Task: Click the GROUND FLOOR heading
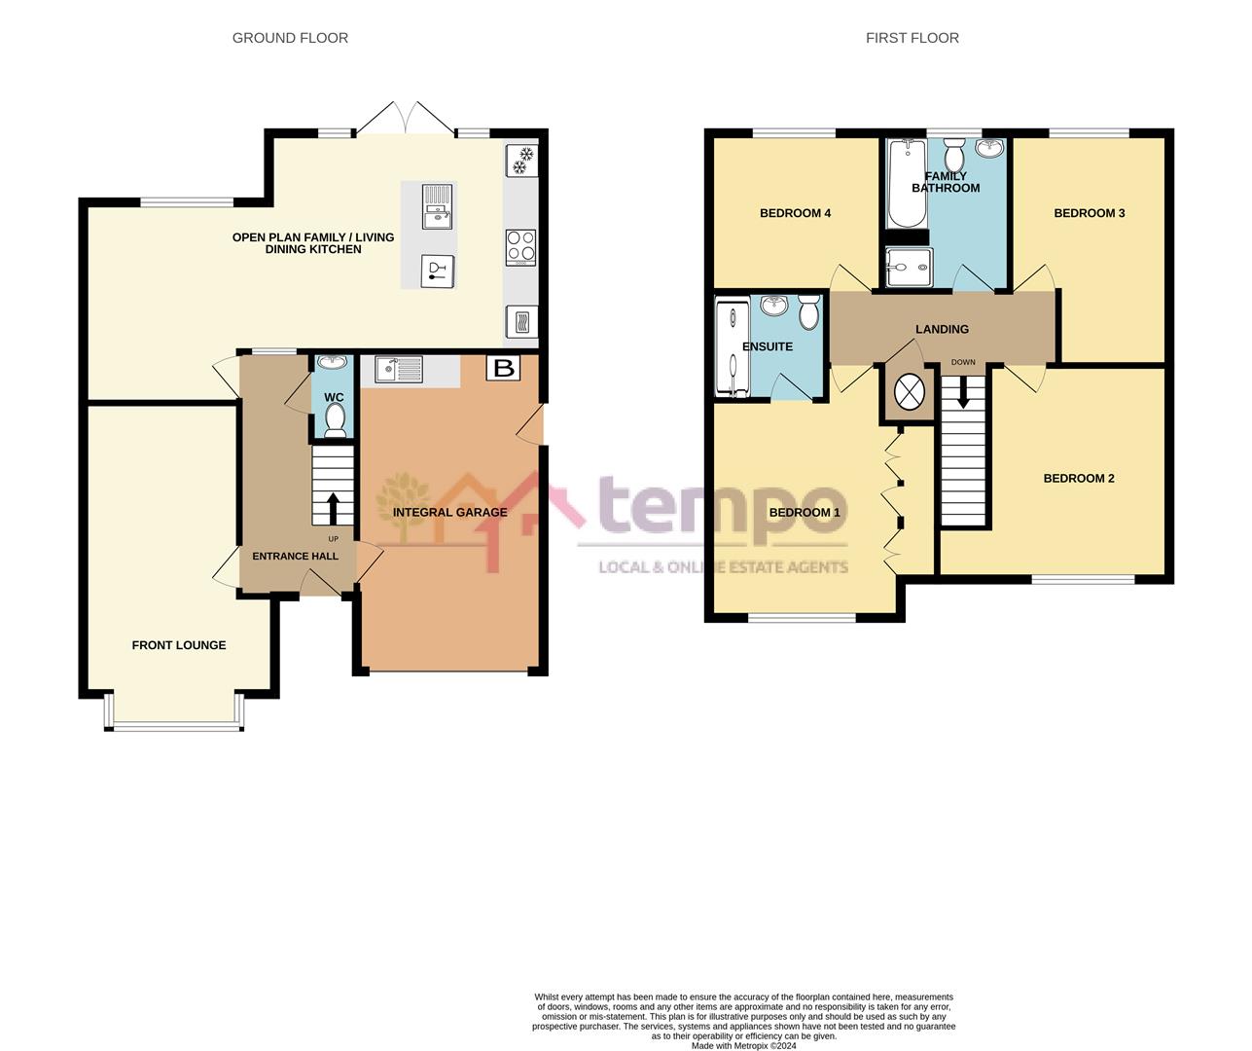[290, 38]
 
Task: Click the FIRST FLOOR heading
[912, 38]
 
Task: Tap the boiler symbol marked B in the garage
[503, 368]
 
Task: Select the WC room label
[334, 398]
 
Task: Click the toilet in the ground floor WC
[335, 419]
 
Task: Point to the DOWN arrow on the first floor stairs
[964, 392]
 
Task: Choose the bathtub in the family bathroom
[904, 182]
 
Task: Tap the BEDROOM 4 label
[795, 213]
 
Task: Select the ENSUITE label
[767, 346]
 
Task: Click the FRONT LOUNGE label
[179, 645]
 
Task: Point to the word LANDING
[942, 329]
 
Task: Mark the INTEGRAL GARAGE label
[449, 513]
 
